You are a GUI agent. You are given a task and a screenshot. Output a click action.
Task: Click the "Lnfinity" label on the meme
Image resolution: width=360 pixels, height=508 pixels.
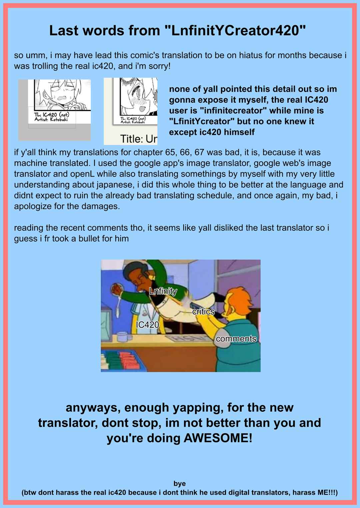click(163, 291)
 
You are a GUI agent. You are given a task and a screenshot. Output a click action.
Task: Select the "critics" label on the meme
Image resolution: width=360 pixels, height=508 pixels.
click(203, 311)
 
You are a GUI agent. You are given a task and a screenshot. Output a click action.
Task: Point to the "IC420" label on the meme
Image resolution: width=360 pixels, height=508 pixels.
click(147, 325)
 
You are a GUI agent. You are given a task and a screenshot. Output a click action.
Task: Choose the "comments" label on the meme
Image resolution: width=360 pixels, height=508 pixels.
click(236, 339)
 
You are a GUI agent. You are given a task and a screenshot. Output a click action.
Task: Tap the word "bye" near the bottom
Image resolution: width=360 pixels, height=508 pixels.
click(180, 483)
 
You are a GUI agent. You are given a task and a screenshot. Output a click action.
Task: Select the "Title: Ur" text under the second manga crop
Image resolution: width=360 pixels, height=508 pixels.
click(138, 139)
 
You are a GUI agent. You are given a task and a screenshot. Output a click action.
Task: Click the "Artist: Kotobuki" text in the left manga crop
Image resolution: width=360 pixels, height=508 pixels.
click(51, 119)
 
